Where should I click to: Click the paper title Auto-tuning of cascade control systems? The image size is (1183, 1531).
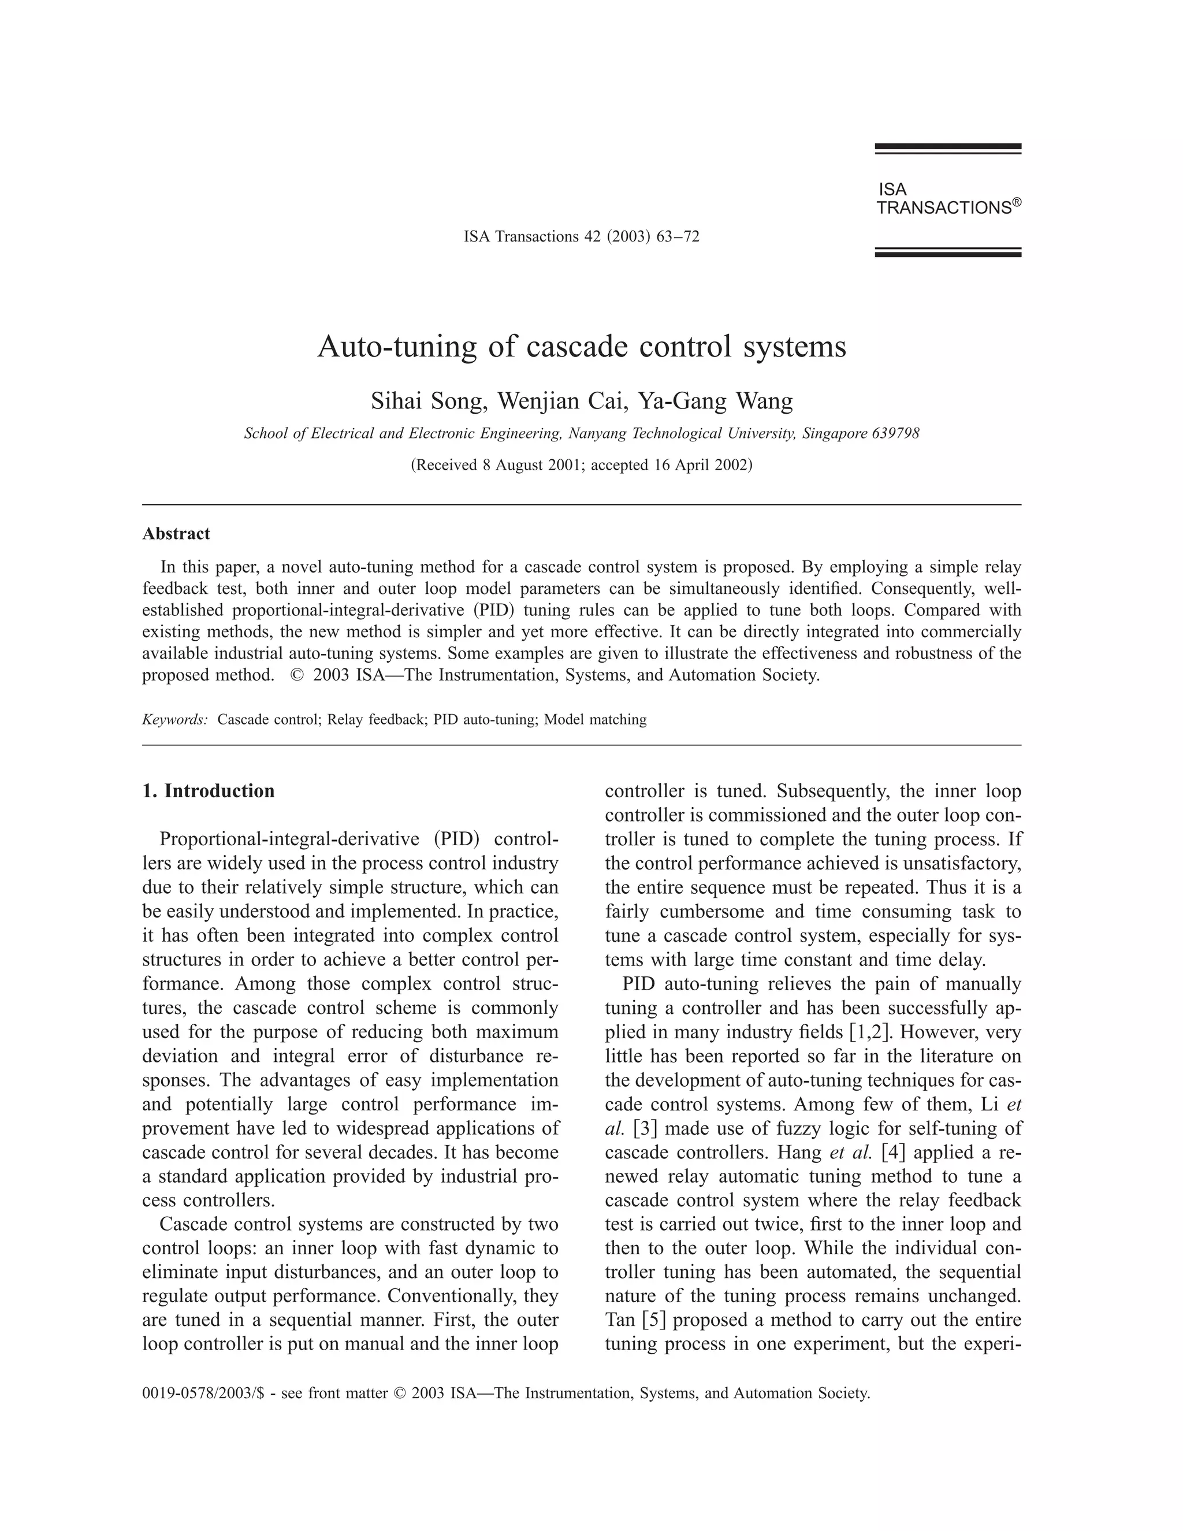point(582,346)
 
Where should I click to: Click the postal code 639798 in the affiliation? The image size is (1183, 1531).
point(895,433)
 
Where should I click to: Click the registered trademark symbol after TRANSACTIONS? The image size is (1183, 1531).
point(1017,202)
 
